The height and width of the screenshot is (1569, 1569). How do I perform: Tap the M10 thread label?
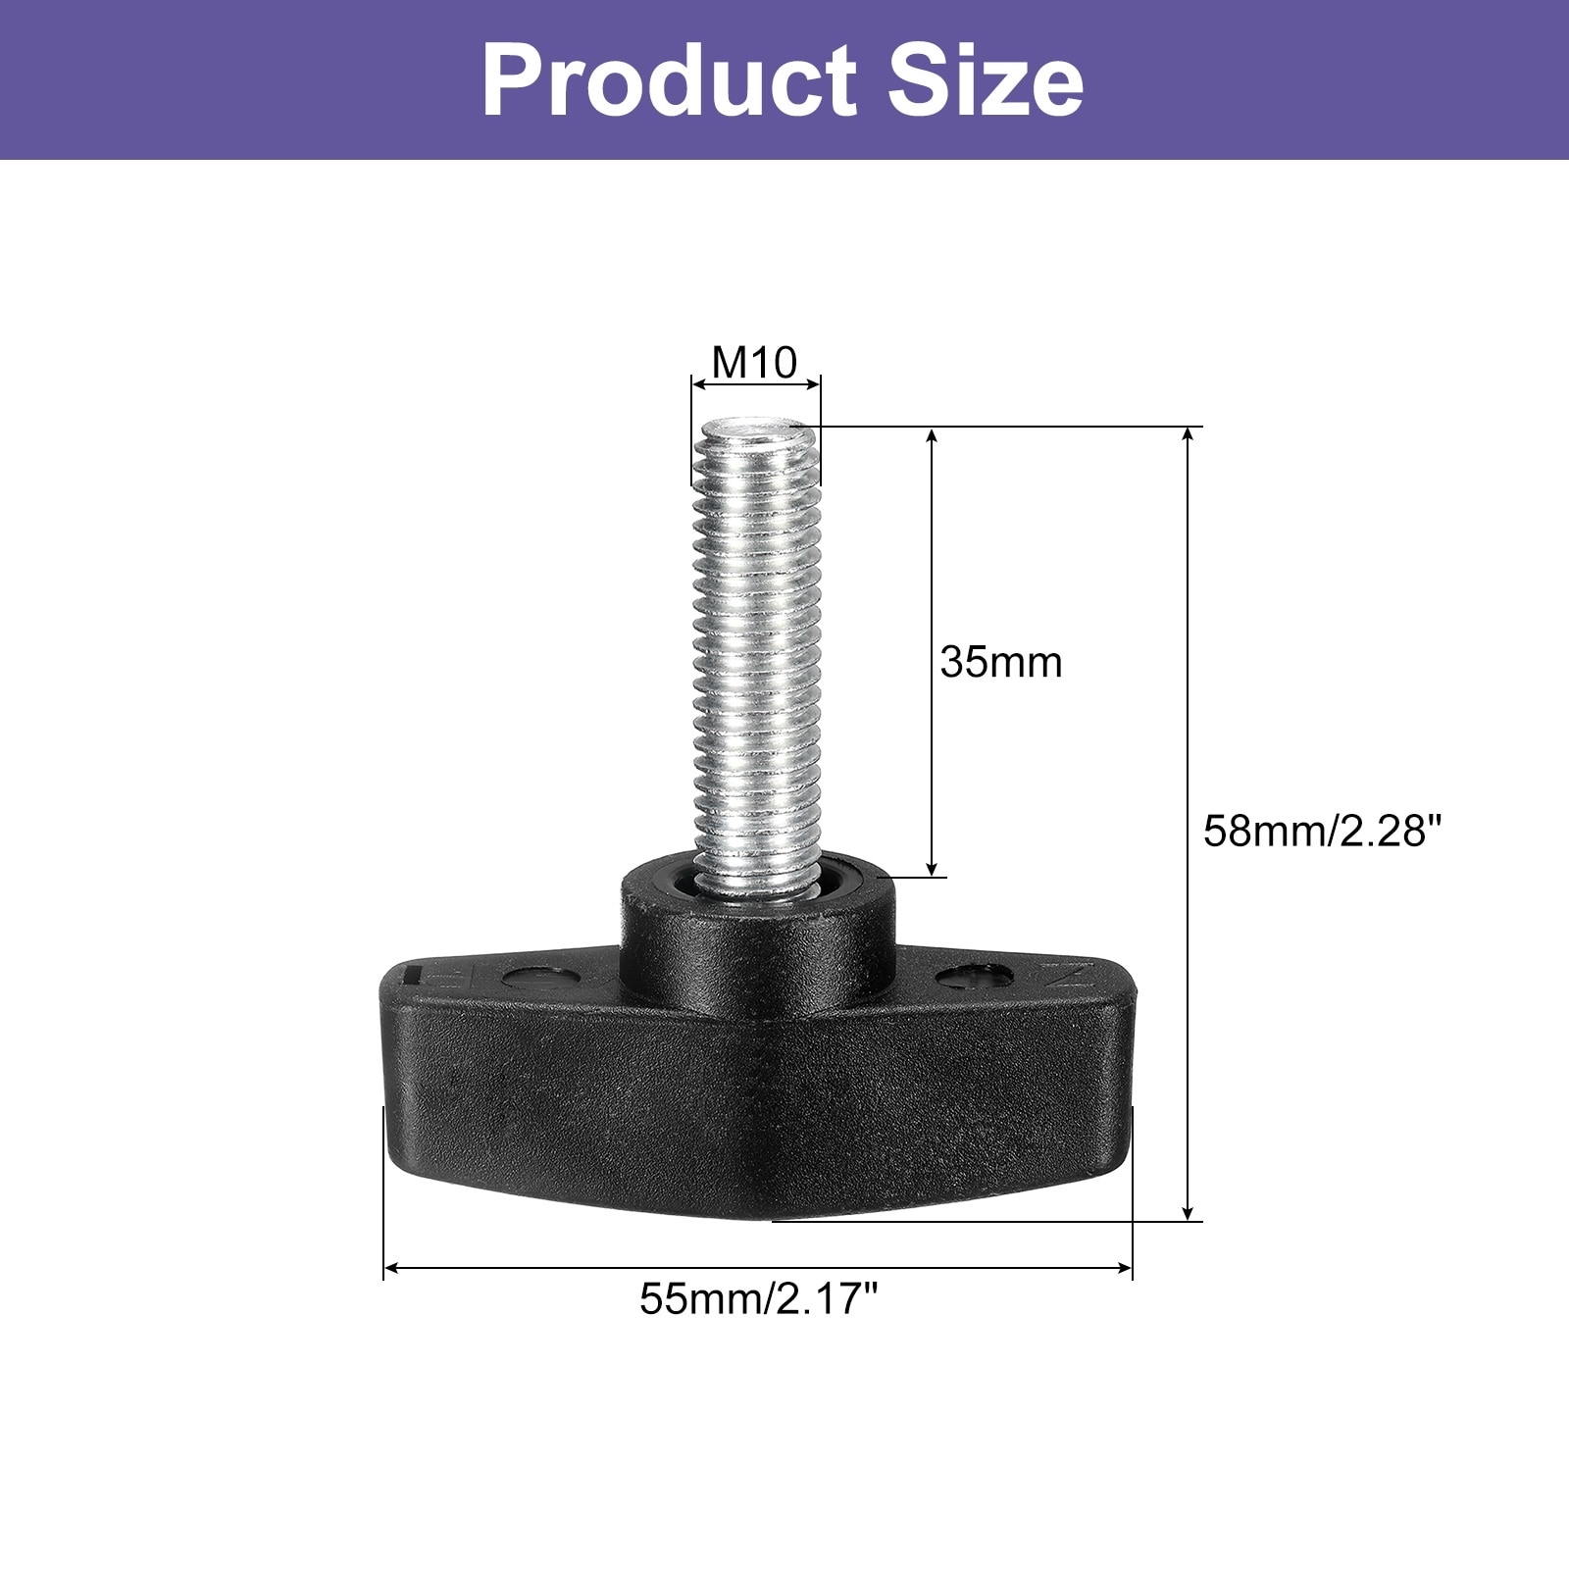tap(754, 363)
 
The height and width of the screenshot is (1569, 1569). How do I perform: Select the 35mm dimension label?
tap(1001, 663)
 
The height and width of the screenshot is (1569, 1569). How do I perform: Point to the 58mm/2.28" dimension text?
tap(1324, 832)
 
